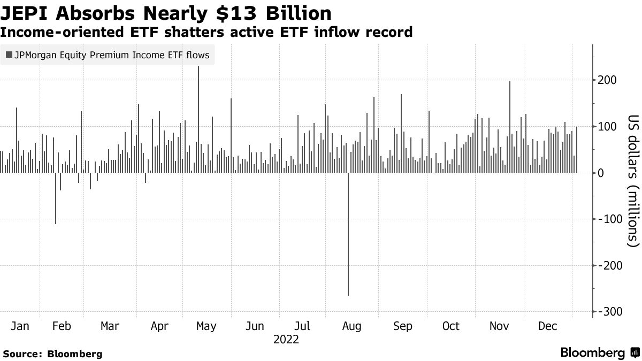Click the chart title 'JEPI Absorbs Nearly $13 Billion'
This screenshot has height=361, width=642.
click(166, 12)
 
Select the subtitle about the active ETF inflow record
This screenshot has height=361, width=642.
click(206, 32)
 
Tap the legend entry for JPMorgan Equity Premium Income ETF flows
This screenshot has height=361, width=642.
click(107, 55)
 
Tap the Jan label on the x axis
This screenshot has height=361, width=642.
click(20, 326)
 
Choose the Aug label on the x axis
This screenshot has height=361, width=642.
click(351, 326)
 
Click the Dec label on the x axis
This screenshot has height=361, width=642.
click(547, 326)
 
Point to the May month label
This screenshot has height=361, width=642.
click(207, 326)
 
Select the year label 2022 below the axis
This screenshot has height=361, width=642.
click(286, 340)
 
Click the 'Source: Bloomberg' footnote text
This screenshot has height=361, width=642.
click(52, 354)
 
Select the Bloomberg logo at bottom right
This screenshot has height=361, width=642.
click(600, 353)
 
